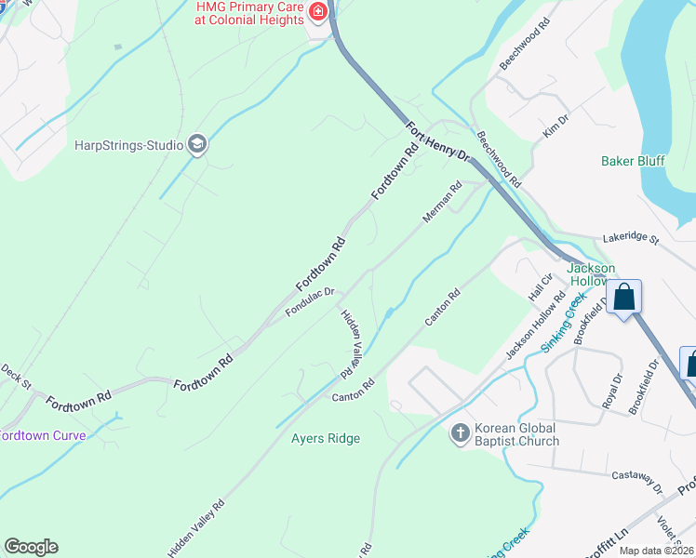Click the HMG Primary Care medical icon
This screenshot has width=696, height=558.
[318, 12]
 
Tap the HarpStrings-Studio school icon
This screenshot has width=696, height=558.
[196, 144]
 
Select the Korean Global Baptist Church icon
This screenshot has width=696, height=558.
[460, 433]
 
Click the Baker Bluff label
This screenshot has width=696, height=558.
[633, 161]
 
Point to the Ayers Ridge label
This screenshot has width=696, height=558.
[325, 438]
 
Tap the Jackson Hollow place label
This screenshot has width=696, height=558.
[591, 274]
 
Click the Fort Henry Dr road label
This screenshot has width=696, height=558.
[438, 142]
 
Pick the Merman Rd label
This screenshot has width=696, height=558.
[441, 202]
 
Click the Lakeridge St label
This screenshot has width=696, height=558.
[629, 239]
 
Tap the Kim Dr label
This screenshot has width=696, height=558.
[555, 126]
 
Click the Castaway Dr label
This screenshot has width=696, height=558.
[636, 481]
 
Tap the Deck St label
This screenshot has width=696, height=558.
[16, 376]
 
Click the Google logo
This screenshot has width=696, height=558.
[31, 547]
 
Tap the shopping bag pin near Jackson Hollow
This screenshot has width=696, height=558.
[625, 299]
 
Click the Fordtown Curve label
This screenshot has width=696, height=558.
[43, 435]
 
